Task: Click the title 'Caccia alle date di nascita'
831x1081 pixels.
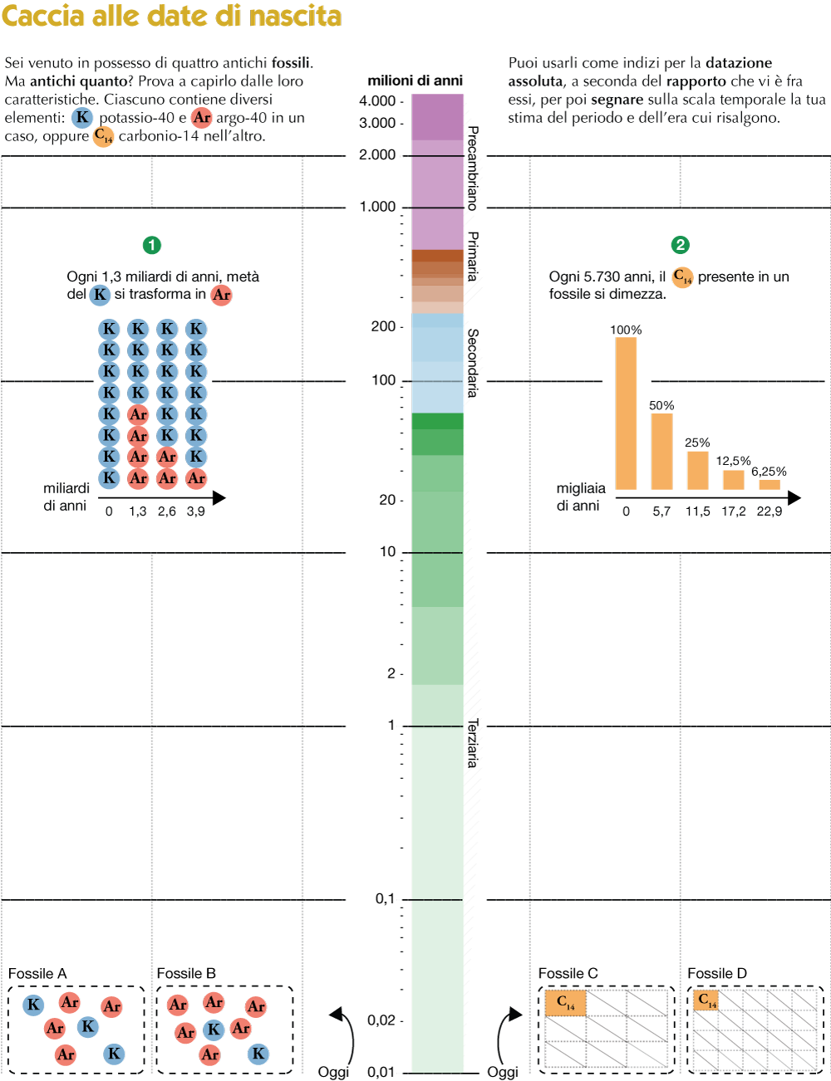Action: (x=172, y=16)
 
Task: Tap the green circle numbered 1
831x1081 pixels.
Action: (x=151, y=245)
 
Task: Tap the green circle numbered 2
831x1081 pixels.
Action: (x=681, y=245)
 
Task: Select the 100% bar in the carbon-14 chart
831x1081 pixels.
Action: (x=626, y=413)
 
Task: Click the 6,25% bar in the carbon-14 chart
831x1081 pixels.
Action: (x=770, y=485)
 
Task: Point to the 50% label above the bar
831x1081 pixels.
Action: (x=661, y=405)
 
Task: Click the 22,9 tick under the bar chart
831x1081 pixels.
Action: (x=770, y=511)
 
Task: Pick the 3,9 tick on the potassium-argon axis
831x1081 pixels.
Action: (x=196, y=511)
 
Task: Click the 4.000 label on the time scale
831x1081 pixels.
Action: (x=377, y=101)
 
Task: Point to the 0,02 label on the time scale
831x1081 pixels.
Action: (x=381, y=1020)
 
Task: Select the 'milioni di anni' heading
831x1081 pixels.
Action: (x=415, y=81)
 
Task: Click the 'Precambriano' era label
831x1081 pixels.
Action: (x=473, y=168)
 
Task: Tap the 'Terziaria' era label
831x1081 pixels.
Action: (x=473, y=743)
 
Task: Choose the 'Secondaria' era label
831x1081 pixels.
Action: (x=473, y=363)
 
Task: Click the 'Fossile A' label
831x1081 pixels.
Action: (x=37, y=974)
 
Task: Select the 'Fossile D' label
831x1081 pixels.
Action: (x=717, y=973)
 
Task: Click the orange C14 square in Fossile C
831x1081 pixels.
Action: (x=566, y=1003)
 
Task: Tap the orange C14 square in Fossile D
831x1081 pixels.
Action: (x=706, y=1000)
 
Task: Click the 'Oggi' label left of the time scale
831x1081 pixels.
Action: (x=333, y=1072)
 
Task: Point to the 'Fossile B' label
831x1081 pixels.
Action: (x=186, y=974)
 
